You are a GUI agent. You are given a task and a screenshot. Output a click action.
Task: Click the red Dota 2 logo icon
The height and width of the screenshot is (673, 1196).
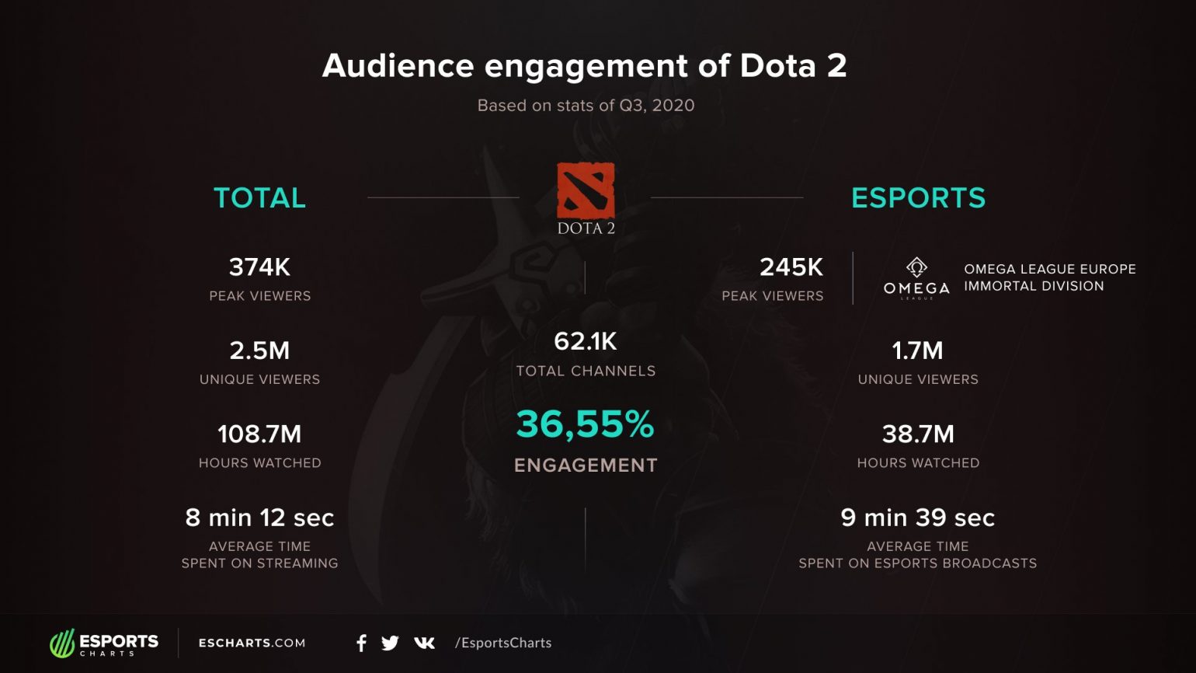coord(586,190)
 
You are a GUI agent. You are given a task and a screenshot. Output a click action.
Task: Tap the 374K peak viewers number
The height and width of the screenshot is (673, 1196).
coord(259,267)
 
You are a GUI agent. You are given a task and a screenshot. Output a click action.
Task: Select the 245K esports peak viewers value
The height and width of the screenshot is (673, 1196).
coord(791,267)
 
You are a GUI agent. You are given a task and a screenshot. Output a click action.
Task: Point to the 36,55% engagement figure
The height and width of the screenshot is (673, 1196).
coord(586,424)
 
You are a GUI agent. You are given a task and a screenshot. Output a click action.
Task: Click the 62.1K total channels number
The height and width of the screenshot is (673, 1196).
coord(586,341)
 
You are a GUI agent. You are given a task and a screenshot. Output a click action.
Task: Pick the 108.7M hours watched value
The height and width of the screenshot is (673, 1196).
coord(259,434)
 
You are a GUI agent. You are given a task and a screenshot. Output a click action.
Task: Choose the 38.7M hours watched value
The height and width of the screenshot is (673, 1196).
coord(918,434)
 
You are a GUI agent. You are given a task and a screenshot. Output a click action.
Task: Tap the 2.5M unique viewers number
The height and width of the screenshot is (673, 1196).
coord(259,350)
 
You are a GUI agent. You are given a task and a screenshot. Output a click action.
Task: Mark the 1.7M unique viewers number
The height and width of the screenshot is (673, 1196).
coord(918,350)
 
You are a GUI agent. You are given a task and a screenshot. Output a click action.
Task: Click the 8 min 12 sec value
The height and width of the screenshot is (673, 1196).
coord(259,518)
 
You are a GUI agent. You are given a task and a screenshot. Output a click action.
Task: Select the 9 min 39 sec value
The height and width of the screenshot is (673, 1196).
coord(918,518)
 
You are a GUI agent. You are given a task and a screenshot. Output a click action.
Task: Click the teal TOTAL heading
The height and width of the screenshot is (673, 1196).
coord(259,198)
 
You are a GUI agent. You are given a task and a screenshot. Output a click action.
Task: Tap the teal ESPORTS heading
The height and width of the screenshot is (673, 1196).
coord(918,198)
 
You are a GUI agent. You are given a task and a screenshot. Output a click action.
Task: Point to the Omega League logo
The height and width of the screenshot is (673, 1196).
coord(916,278)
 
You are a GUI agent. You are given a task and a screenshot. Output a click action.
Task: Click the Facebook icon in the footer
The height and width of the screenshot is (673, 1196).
coord(361,643)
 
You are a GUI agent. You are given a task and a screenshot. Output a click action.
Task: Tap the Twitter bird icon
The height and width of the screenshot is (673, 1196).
coord(390,643)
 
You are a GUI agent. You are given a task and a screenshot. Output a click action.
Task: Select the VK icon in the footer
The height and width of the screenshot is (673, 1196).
coord(424,643)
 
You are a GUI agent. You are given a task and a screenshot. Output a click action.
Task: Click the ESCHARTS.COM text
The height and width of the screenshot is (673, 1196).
coord(252,643)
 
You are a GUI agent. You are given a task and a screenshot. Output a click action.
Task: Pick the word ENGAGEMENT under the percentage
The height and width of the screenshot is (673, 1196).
coord(586,466)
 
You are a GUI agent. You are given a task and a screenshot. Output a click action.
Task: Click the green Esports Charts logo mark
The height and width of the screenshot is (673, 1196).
coord(62,643)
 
